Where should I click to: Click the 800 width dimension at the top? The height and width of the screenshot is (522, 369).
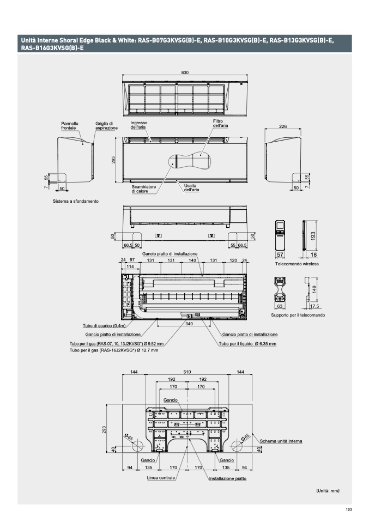tap(185, 72)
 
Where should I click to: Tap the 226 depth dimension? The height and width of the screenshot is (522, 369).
tap(283, 126)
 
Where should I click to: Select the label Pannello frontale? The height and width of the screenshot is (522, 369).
tap(70, 126)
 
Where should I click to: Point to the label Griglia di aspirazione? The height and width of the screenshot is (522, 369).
tap(107, 126)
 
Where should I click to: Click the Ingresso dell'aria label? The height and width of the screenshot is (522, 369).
tap(139, 125)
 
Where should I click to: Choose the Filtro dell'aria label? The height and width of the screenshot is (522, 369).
tap(220, 124)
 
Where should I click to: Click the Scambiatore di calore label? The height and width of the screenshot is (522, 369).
tap(143, 189)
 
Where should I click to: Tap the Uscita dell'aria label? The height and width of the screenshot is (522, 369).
tap(191, 188)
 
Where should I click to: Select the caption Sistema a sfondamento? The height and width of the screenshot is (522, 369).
tap(76, 201)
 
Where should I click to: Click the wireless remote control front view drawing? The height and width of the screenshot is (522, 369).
tap(280, 235)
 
